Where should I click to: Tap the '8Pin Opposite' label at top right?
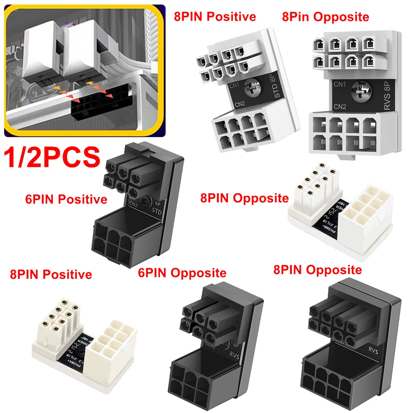[325, 17]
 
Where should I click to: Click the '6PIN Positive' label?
[66, 199]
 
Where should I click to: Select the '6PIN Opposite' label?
[182, 273]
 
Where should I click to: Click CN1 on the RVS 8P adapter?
[339, 85]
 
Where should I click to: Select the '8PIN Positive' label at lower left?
[51, 274]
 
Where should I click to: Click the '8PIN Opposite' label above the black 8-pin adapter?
[317, 270]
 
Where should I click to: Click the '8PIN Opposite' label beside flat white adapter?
[244, 198]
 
